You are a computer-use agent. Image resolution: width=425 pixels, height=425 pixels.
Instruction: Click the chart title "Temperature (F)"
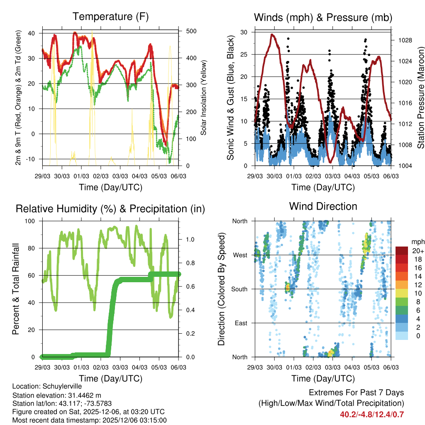tap(110, 17)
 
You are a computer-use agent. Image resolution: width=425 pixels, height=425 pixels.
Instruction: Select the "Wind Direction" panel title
tap(323, 206)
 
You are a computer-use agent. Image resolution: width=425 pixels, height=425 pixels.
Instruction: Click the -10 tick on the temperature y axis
tap(33, 159)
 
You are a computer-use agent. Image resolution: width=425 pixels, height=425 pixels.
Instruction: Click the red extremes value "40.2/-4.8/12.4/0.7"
tap(372, 414)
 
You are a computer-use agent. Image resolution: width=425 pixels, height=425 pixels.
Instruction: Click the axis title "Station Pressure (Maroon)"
tap(420, 98)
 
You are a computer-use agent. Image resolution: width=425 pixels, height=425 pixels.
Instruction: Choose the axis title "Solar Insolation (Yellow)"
tap(203, 98)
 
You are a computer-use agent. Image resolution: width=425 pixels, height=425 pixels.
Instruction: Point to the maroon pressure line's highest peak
tap(272, 34)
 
